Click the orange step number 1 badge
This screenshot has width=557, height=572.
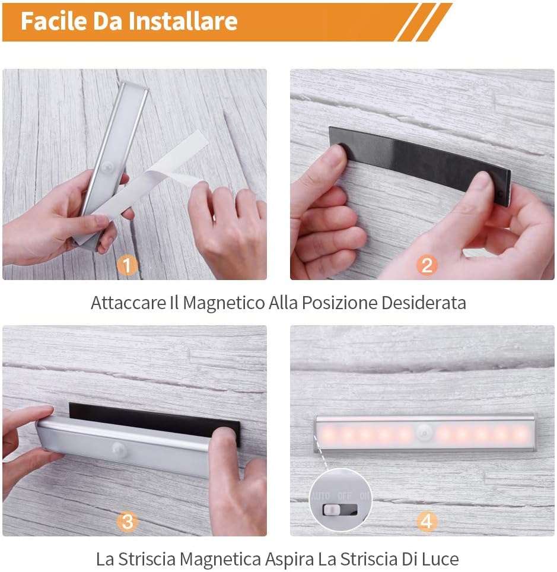[127, 265]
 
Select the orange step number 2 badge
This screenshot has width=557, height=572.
[426, 265]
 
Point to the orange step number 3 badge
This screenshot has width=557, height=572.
[127, 522]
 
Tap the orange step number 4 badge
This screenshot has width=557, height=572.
[426, 522]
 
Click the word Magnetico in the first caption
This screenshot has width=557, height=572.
[224, 303]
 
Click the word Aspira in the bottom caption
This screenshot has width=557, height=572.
[289, 560]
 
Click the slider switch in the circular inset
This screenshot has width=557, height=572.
[340, 510]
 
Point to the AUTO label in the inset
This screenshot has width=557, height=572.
[321, 496]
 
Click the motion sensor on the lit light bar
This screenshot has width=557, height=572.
[424, 433]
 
